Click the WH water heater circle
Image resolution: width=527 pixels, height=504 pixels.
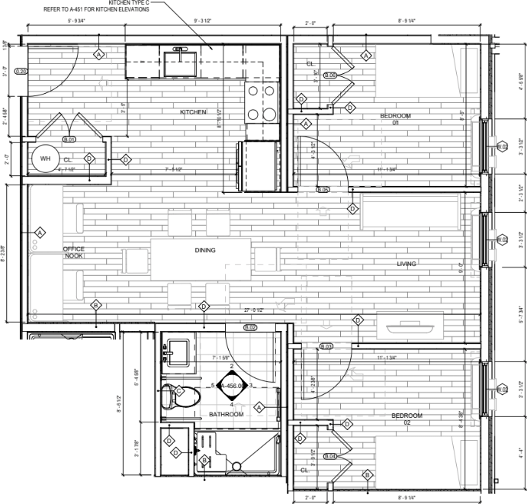click(x=44, y=159)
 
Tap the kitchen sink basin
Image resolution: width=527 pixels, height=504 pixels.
click(x=180, y=63)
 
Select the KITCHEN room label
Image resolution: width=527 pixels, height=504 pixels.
click(x=193, y=112)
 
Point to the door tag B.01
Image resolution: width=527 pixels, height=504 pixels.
click(x=69, y=140)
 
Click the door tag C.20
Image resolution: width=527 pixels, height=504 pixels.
click(x=21, y=71)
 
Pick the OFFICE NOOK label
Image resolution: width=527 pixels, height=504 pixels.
click(x=74, y=253)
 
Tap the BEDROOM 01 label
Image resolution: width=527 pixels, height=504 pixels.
click(x=396, y=119)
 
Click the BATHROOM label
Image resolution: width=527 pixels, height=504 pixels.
click(x=226, y=414)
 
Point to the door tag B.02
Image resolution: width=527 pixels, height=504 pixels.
click(x=250, y=327)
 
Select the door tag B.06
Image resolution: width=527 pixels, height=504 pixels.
click(x=329, y=75)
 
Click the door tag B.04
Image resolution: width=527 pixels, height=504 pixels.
click(x=329, y=456)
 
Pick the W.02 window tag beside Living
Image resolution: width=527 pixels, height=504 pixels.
click(x=502, y=239)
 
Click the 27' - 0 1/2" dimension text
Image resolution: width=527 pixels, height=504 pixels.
click(x=254, y=310)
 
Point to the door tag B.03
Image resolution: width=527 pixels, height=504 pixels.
click(x=327, y=347)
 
